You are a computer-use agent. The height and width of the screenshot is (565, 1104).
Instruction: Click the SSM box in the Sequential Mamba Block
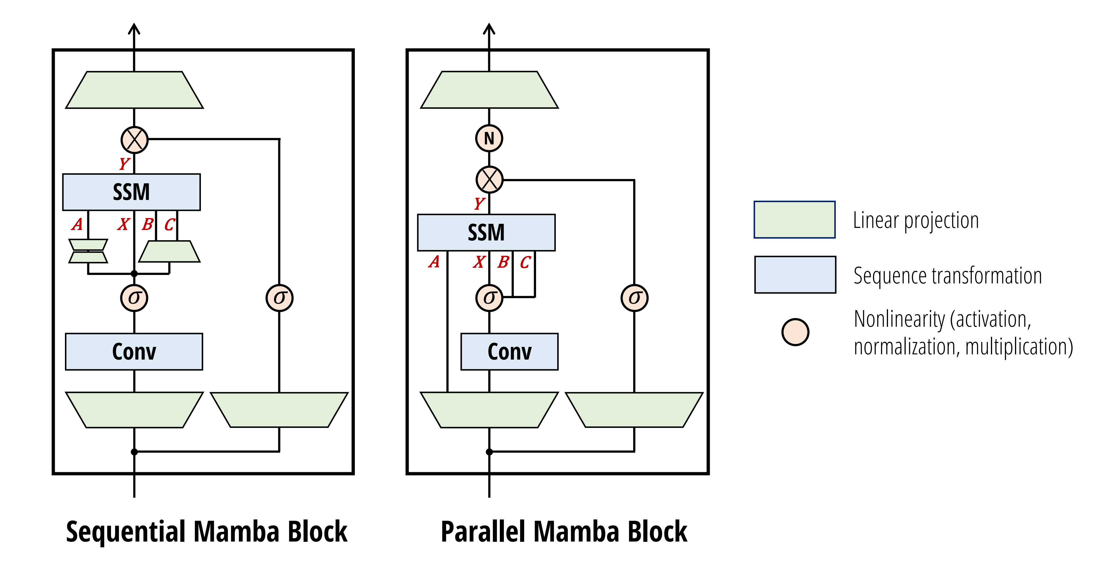pos(131,192)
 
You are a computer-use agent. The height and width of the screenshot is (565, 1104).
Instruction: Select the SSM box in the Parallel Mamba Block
pos(486,232)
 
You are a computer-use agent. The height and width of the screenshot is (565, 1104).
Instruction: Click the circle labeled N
pos(489,138)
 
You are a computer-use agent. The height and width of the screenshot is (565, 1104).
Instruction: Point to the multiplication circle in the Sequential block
pos(134,140)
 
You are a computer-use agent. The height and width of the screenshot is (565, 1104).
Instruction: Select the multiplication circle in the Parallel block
pos(489,180)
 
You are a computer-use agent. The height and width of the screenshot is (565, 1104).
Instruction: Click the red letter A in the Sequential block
pos(77,224)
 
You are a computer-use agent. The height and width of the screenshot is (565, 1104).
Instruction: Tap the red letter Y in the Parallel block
pos(479,203)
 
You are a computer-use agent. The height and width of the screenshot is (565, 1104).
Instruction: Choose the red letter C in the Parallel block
pos(525,262)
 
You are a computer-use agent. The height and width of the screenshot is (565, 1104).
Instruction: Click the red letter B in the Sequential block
pos(148,224)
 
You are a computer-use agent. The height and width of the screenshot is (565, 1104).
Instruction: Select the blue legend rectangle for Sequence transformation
pos(795,275)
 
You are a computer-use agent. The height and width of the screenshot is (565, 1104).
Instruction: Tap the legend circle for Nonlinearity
pos(795,332)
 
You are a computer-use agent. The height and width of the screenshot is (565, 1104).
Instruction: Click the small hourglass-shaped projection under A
pos(88,251)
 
